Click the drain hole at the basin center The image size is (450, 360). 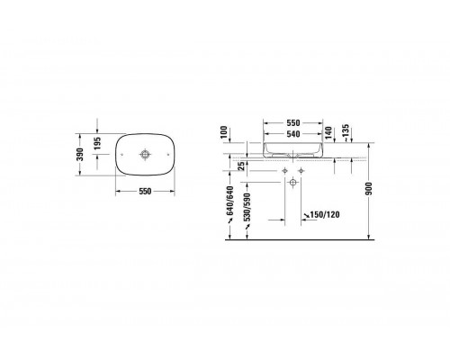pyautogui.click(x=142, y=153)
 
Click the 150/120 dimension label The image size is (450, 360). pyautogui.click(x=320, y=216)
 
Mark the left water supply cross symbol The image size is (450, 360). pyautogui.click(x=283, y=170)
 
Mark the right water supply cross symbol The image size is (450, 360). pyautogui.click(x=301, y=170)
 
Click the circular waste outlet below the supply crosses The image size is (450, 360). pyautogui.click(x=292, y=182)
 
